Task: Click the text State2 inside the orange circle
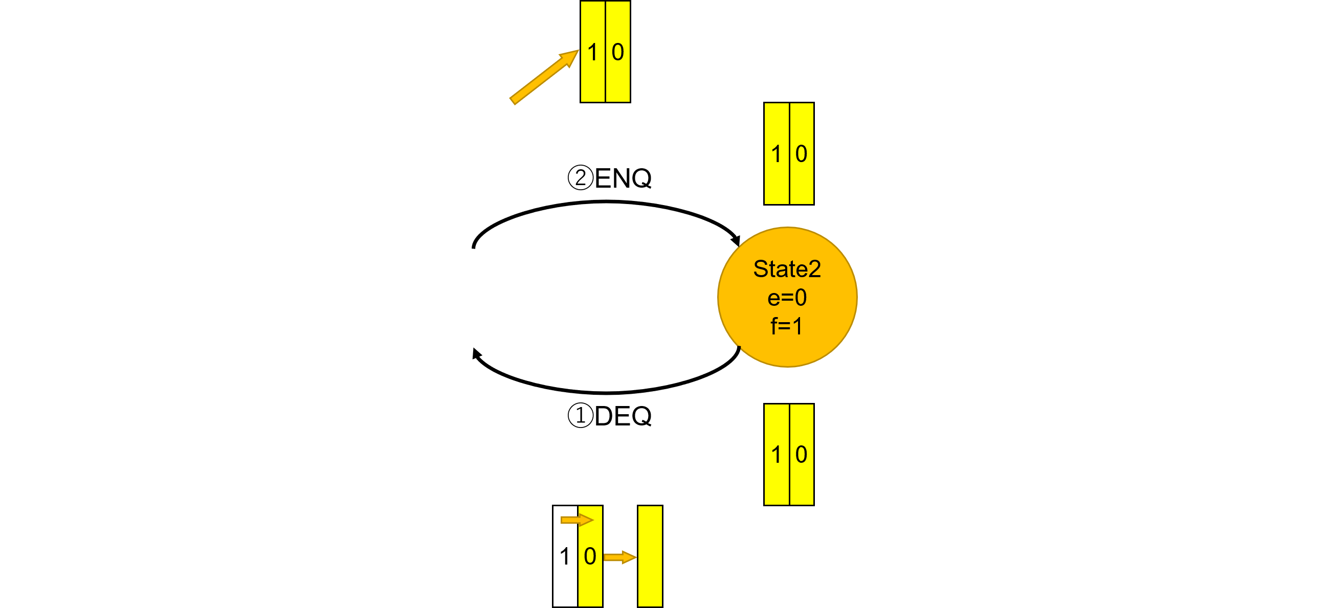point(787,269)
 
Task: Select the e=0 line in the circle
point(787,298)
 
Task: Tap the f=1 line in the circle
point(787,326)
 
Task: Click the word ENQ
point(623,178)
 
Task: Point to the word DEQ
point(623,416)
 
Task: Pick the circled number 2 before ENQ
point(580,177)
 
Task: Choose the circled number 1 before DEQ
point(580,416)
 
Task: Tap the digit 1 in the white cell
point(565,556)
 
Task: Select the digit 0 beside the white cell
point(590,556)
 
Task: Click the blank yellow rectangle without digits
point(650,556)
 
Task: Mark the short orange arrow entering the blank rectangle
point(619,557)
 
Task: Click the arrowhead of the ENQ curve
point(736,240)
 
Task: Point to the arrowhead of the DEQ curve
point(477,353)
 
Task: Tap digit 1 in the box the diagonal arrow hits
point(593,52)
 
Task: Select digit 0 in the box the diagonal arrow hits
point(618,52)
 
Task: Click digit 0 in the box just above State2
point(801,154)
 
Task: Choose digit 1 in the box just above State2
point(776,154)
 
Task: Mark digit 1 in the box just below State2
point(776,455)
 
